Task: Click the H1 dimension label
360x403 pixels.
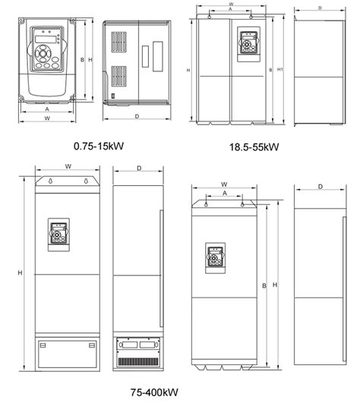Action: [x=280, y=70]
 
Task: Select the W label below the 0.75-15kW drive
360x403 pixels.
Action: [x=47, y=118]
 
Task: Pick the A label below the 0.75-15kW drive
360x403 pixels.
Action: [x=47, y=109]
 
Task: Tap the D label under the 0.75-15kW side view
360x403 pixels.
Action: [x=137, y=116]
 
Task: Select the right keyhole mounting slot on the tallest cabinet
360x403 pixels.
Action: [x=86, y=181]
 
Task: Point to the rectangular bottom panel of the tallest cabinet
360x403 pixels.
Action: [x=68, y=354]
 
